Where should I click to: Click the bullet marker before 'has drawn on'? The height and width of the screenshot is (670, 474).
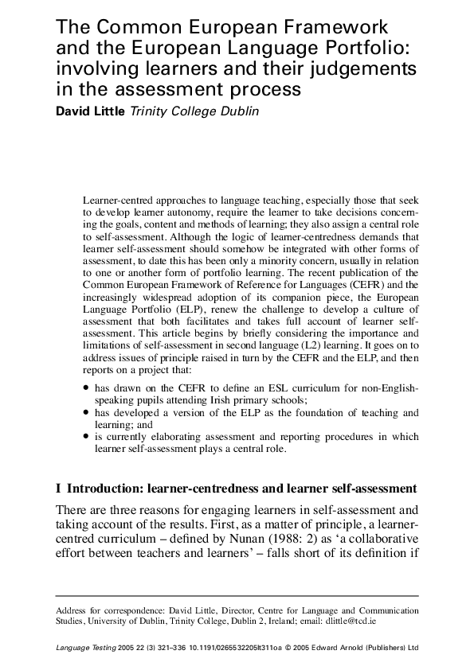86,388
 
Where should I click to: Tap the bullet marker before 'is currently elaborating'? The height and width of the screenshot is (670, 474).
86,437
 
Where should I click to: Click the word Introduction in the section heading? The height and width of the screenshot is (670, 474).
109,487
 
